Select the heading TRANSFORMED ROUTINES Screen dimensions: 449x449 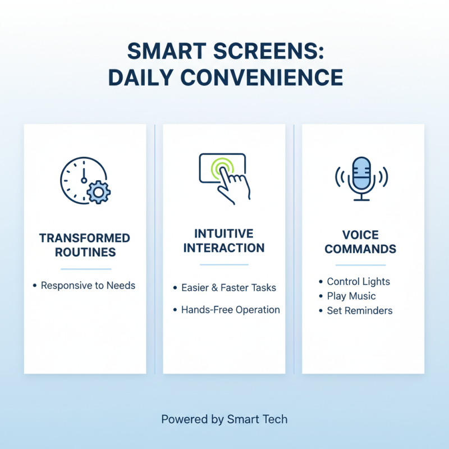click(85, 245)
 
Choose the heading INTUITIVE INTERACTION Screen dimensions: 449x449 click(224, 241)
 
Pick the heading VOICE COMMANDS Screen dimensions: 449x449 click(360, 242)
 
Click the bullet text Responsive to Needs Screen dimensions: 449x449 click(88, 286)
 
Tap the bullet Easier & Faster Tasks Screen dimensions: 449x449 click(228, 288)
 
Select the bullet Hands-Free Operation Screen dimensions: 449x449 click(230, 310)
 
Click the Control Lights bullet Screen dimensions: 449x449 click(358, 282)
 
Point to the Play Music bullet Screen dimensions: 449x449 click(351, 296)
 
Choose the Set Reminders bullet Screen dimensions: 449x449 click(359, 310)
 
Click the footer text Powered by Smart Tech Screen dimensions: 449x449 click(224, 419)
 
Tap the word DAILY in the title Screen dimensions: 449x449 click(139, 77)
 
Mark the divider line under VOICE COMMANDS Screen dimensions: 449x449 click(360, 265)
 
